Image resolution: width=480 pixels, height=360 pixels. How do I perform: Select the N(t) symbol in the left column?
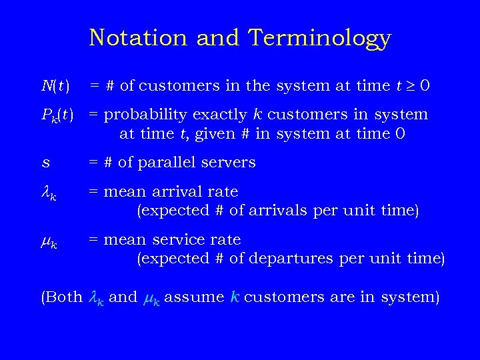pyautogui.click(x=55, y=86)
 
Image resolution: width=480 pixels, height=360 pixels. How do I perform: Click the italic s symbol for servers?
pyautogui.click(x=45, y=163)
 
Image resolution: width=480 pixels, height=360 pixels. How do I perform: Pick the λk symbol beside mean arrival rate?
pyautogui.click(x=49, y=193)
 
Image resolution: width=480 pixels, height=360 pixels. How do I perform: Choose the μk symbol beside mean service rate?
pyautogui.click(x=49, y=241)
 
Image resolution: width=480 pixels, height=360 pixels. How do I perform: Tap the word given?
pyautogui.click(x=209, y=134)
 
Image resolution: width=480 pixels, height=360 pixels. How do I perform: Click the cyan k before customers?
pyautogui.click(x=233, y=297)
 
